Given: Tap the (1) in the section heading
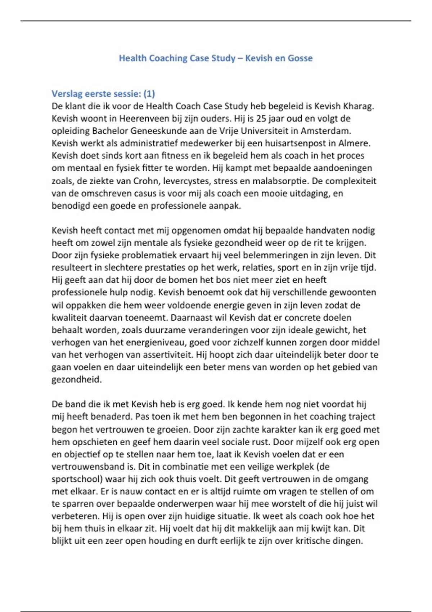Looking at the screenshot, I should [x=149, y=94].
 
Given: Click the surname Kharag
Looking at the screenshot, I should [x=358, y=106].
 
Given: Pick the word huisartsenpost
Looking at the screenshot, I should [x=295, y=143].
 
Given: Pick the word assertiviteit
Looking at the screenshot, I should [x=167, y=355].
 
